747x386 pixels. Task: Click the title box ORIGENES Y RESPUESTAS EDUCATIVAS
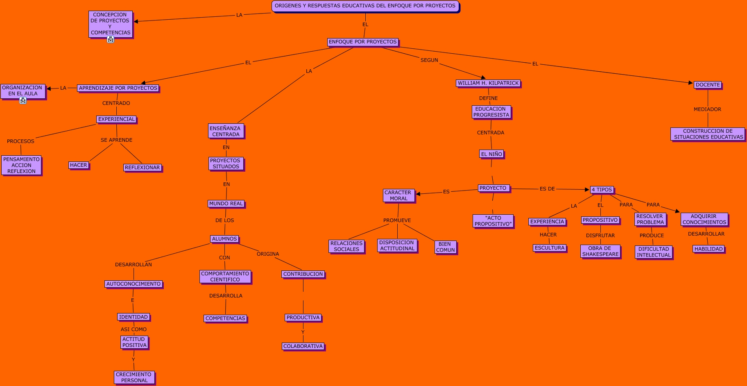click(x=365, y=6)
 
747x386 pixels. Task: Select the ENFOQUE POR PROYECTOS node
click(x=363, y=42)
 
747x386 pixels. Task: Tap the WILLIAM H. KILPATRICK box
click(x=488, y=83)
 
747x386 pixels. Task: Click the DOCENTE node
click(x=708, y=85)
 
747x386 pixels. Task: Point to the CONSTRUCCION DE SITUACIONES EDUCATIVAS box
click(x=708, y=134)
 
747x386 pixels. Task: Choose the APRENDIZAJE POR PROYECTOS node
click(x=118, y=88)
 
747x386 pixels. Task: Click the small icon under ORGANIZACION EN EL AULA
click(x=23, y=100)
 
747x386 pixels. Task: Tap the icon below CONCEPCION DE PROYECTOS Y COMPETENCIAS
click(x=111, y=39)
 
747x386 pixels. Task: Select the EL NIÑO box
click(x=491, y=154)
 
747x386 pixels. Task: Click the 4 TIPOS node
click(x=602, y=190)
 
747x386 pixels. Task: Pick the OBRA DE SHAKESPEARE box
click(x=600, y=251)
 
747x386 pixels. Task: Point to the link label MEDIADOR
click(x=707, y=109)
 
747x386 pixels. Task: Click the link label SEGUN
click(x=429, y=60)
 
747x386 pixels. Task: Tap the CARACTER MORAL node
click(x=398, y=195)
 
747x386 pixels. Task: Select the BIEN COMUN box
click(x=445, y=247)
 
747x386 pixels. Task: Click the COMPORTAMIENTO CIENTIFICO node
click(x=225, y=277)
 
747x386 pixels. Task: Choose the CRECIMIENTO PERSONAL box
click(x=134, y=377)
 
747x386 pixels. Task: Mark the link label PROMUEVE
click(x=397, y=220)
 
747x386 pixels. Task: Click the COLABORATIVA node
click(x=303, y=346)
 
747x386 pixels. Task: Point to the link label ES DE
click(x=547, y=189)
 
